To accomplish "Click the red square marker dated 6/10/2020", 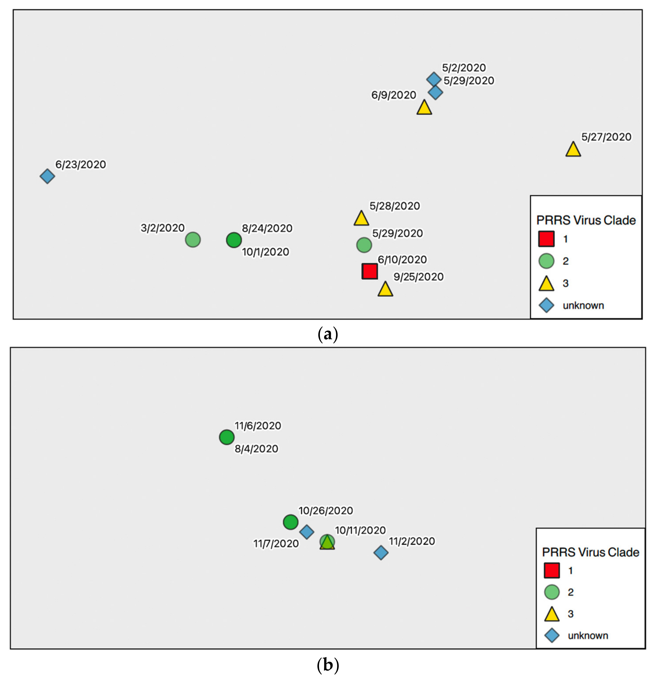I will point(369,271).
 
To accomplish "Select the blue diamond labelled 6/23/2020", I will point(47,176).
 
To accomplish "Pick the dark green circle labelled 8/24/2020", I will point(234,240).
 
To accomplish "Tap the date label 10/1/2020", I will point(265,252).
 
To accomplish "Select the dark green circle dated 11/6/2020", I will point(227,437).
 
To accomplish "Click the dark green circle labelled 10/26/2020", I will point(290,522).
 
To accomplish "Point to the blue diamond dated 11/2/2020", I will point(381,553).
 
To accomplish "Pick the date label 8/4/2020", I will point(256,449).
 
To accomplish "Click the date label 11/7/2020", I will point(276,544).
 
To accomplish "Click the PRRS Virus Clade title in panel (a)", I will point(586,220).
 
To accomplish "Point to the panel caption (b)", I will point(328,665).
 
